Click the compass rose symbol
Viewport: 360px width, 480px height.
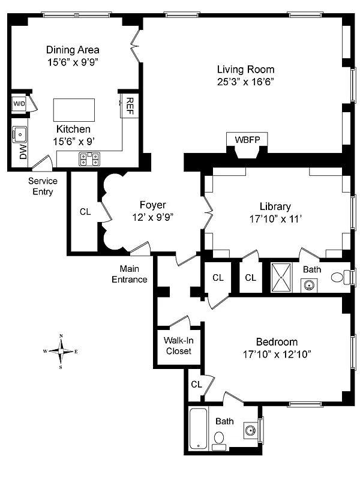click(x=62, y=351)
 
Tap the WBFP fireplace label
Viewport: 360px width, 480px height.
click(x=247, y=140)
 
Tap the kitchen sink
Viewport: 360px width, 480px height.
click(x=19, y=133)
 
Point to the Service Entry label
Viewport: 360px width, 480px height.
click(x=43, y=187)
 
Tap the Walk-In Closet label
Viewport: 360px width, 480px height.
click(x=178, y=346)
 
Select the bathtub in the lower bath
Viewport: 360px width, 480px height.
click(x=199, y=428)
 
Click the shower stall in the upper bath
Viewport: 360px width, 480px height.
click(x=282, y=277)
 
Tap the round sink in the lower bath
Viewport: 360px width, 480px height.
click(x=250, y=430)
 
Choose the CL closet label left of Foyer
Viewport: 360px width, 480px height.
click(x=85, y=211)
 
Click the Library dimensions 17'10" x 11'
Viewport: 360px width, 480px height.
click(x=275, y=219)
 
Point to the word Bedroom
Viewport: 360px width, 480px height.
click(x=277, y=341)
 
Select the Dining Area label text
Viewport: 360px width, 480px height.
click(x=73, y=50)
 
